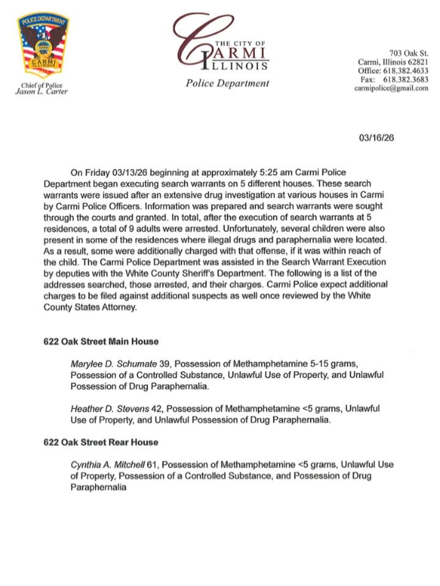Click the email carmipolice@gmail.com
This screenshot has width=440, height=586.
pyautogui.click(x=391, y=88)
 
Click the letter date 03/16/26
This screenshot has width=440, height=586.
pyautogui.click(x=376, y=137)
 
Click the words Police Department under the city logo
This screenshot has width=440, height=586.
pyautogui.click(x=227, y=83)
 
